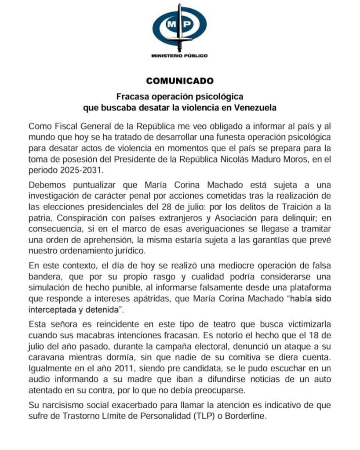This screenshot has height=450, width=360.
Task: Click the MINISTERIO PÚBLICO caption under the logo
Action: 179,56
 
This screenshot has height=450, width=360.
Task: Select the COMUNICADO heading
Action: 180,81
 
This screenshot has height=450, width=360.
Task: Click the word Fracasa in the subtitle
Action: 130,96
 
